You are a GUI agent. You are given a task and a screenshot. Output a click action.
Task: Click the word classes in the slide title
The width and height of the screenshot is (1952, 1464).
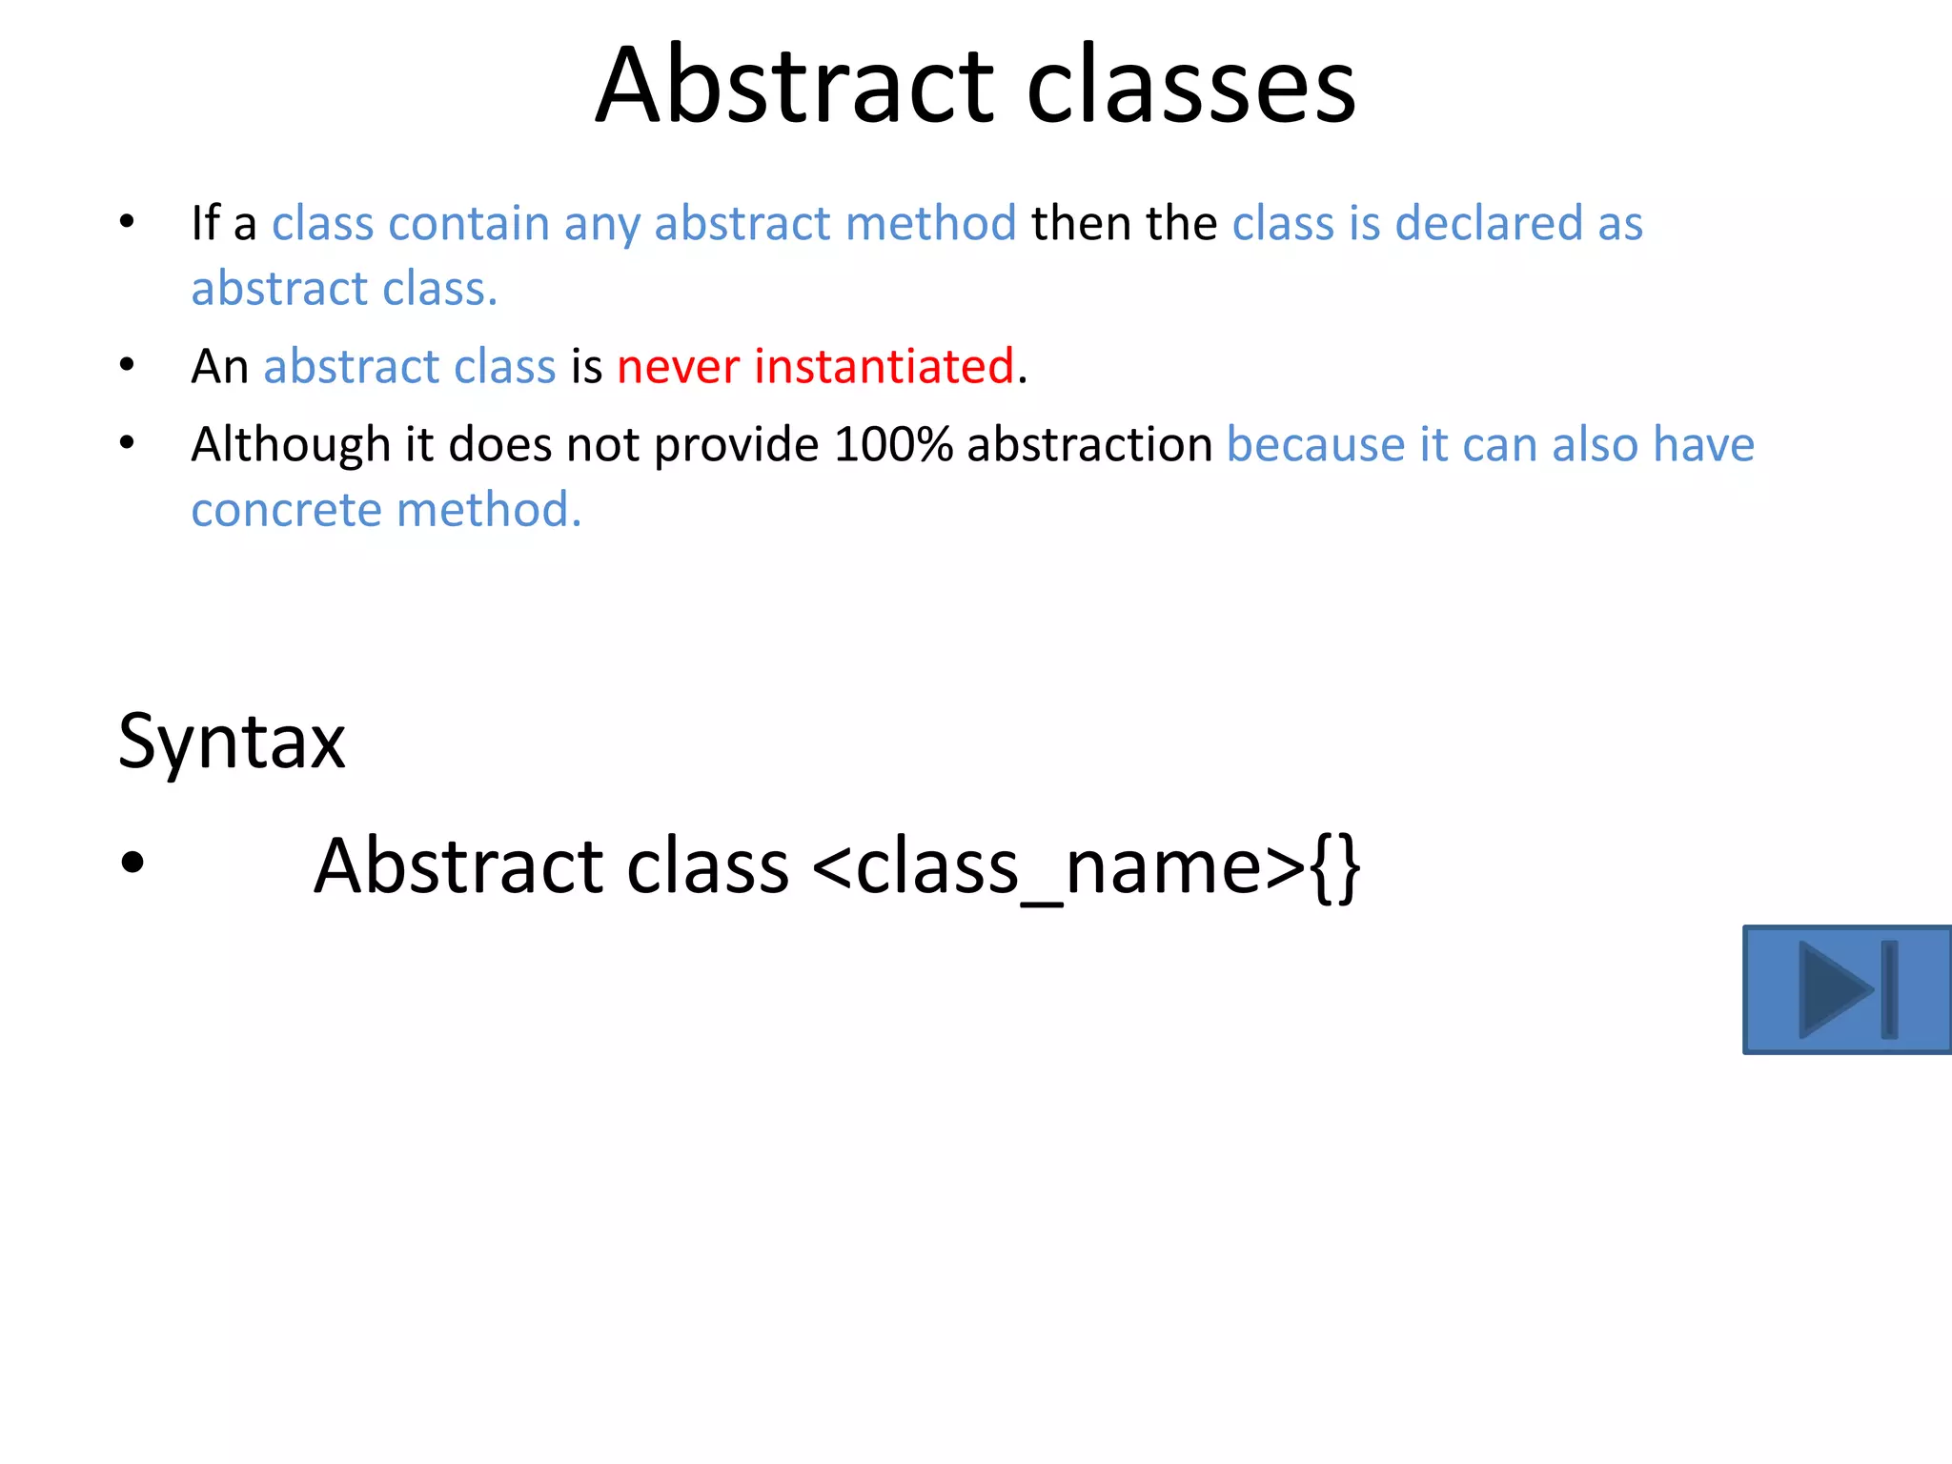coord(1190,88)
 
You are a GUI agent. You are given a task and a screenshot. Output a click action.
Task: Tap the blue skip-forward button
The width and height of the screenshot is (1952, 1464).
coord(1846,989)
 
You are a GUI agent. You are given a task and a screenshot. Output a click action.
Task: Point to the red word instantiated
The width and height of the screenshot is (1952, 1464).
coord(884,367)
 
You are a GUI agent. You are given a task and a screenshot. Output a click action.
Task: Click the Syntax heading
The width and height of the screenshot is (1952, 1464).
coord(232,742)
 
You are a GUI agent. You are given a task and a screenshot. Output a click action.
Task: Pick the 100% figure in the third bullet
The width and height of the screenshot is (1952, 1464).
coord(893,445)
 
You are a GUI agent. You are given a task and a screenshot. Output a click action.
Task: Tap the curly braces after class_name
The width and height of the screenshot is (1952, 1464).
coord(1335,865)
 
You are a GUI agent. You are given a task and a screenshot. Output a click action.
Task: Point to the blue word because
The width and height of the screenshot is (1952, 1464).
coord(1315,445)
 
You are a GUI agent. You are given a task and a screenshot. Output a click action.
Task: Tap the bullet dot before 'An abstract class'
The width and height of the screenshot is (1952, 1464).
coord(127,365)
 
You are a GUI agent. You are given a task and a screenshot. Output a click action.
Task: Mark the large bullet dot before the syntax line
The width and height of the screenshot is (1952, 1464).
coord(132,863)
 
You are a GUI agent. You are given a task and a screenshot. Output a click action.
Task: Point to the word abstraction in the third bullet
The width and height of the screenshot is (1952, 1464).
coord(1089,445)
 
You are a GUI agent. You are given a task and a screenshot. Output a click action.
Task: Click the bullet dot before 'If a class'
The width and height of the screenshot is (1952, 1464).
coord(127,222)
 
